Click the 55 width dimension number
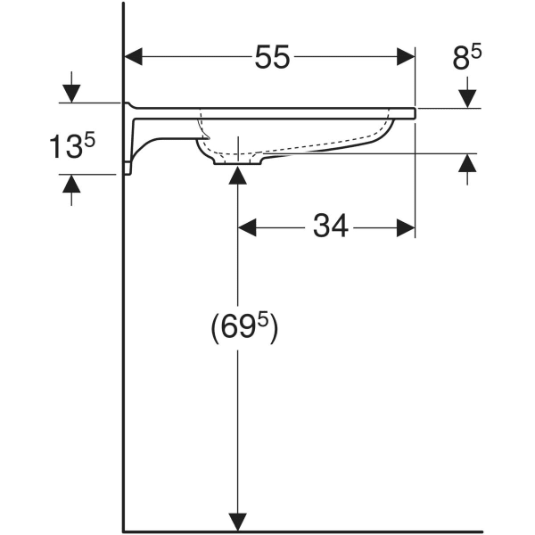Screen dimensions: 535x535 [x=273, y=58]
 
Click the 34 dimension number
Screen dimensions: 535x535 [x=330, y=227]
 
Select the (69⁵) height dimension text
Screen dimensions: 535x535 [x=244, y=329]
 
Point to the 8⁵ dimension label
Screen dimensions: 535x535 [x=467, y=59]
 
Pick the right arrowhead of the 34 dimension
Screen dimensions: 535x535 [x=406, y=227]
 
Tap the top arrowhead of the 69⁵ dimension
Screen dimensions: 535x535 [x=237, y=175]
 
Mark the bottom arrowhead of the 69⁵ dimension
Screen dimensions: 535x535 [x=237, y=522]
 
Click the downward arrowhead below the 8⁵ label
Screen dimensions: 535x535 [x=467, y=97]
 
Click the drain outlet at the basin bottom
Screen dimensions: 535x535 [x=237, y=160]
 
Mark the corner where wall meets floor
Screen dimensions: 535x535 [x=124, y=531]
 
